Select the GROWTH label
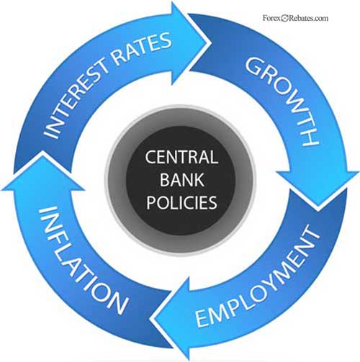[283, 100]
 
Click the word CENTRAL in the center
[181, 158]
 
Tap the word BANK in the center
[181, 180]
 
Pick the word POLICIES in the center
[181, 202]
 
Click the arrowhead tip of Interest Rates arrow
[211, 43]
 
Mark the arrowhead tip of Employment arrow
[150, 320]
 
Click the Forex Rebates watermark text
[295, 18]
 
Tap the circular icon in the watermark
[284, 18]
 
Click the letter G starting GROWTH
[255, 66]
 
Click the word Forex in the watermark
[271, 18]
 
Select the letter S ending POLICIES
[212, 202]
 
